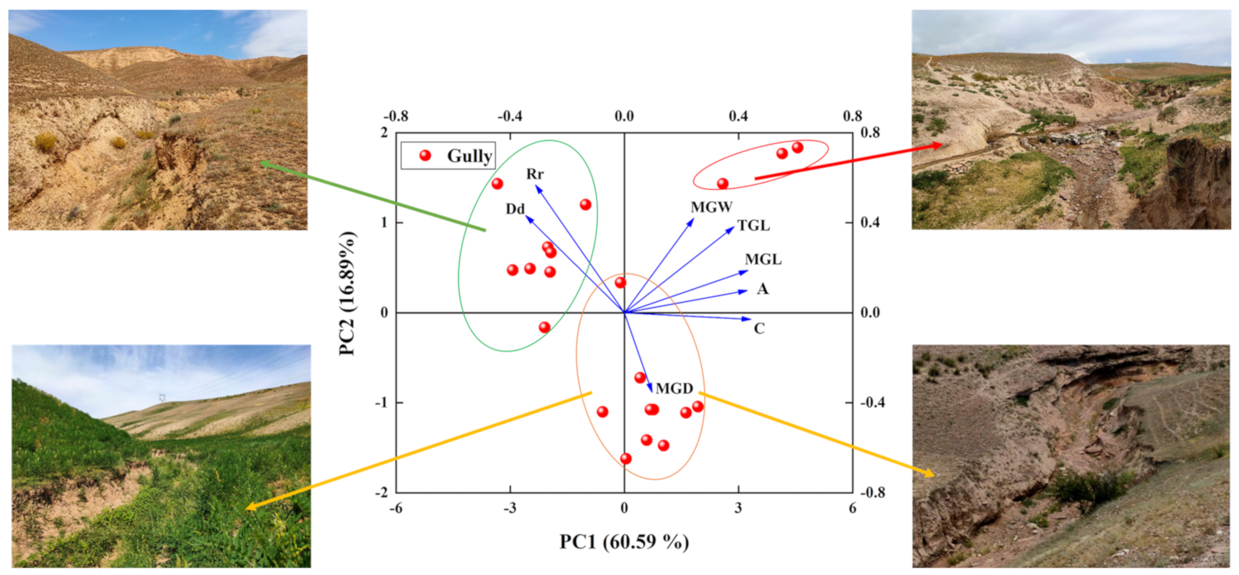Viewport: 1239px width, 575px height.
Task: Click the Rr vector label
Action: pos(535,174)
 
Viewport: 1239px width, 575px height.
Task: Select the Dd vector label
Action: pos(515,209)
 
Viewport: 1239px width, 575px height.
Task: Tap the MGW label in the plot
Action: pos(712,207)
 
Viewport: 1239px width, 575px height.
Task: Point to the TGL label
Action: pos(753,226)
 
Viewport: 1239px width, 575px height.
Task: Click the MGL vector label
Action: pos(763,260)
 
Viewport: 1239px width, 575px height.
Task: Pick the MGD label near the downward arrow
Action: pos(674,388)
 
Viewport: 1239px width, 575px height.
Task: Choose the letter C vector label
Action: pos(759,329)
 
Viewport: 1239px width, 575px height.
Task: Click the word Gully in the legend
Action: pos(469,156)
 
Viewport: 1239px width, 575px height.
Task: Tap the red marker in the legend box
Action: pos(425,155)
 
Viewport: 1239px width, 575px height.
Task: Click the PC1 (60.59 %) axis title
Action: pos(624,542)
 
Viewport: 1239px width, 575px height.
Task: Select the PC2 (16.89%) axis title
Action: pos(347,294)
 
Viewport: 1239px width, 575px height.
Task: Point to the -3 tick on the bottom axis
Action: pos(510,508)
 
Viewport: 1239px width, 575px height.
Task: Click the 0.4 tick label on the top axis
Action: pos(738,116)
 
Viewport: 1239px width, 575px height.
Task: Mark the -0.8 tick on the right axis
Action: pos(872,493)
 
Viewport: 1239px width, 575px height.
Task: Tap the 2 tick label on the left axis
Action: pos(384,133)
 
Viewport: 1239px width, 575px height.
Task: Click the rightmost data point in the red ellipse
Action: pos(797,148)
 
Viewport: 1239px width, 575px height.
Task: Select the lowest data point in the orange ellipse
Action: pos(625,459)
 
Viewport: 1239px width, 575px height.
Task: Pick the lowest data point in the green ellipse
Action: pos(544,327)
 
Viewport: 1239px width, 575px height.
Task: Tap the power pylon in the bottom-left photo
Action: pos(162,398)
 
